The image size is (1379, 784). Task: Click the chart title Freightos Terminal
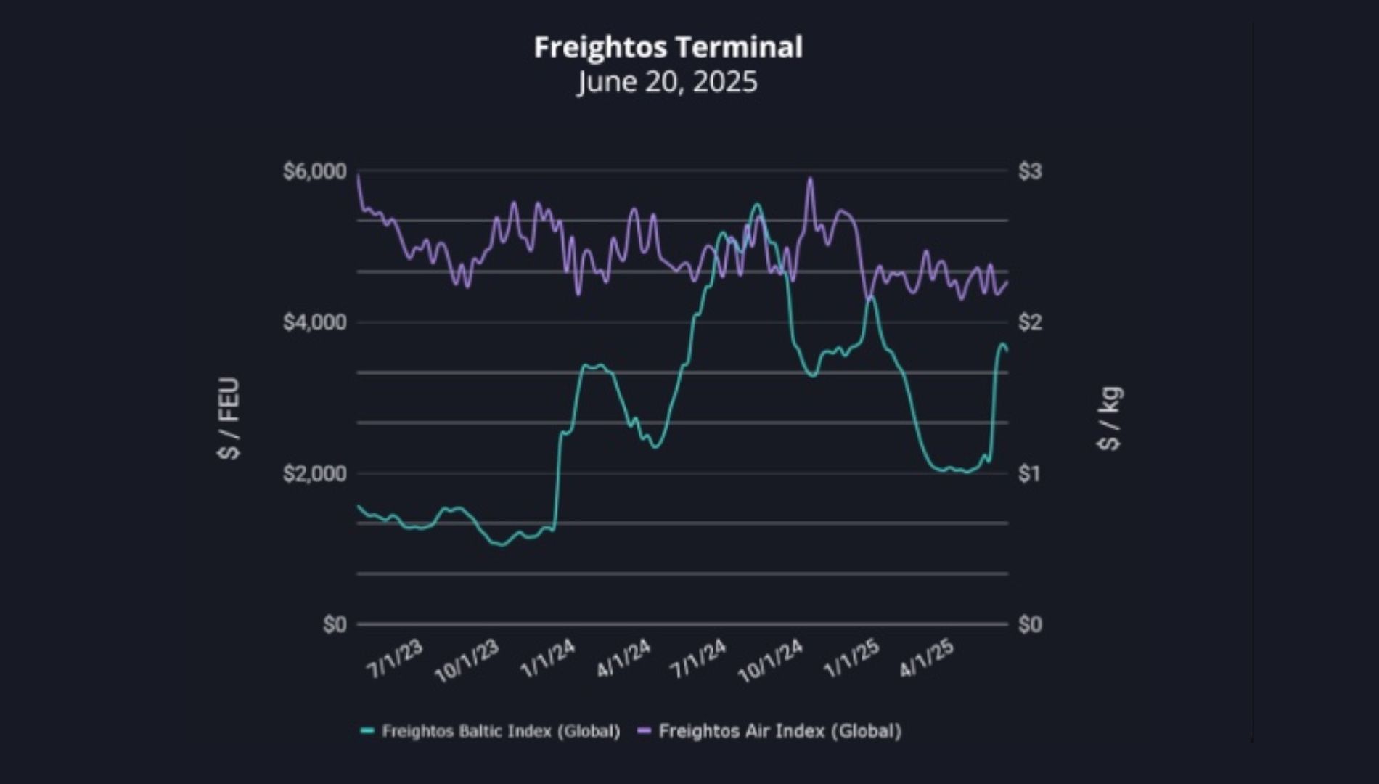pyautogui.click(x=668, y=47)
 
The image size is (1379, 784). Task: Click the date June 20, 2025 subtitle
pyautogui.click(x=668, y=81)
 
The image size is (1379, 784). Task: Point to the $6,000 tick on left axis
pyautogui.click(x=315, y=171)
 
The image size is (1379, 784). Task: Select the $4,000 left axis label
pyautogui.click(x=315, y=322)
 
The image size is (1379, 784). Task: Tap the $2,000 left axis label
pyautogui.click(x=315, y=473)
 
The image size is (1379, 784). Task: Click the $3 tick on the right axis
pyautogui.click(x=1030, y=171)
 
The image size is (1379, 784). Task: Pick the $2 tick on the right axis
pyautogui.click(x=1030, y=322)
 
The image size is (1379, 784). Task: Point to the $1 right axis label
pyautogui.click(x=1030, y=473)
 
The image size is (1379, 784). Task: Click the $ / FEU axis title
pyautogui.click(x=229, y=417)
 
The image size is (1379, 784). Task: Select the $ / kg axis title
pyautogui.click(x=1110, y=417)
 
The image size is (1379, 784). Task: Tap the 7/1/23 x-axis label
pyautogui.click(x=395, y=659)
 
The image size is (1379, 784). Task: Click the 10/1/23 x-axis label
pyautogui.click(x=467, y=661)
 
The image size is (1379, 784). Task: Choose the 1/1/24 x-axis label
pyautogui.click(x=548, y=659)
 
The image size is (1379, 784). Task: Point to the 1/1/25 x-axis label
pyautogui.click(x=851, y=659)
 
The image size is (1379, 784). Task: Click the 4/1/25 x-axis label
pyautogui.click(x=926, y=659)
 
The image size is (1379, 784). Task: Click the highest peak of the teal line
pyautogui.click(x=757, y=205)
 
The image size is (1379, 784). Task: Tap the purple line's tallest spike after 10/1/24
pyautogui.click(x=811, y=179)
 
